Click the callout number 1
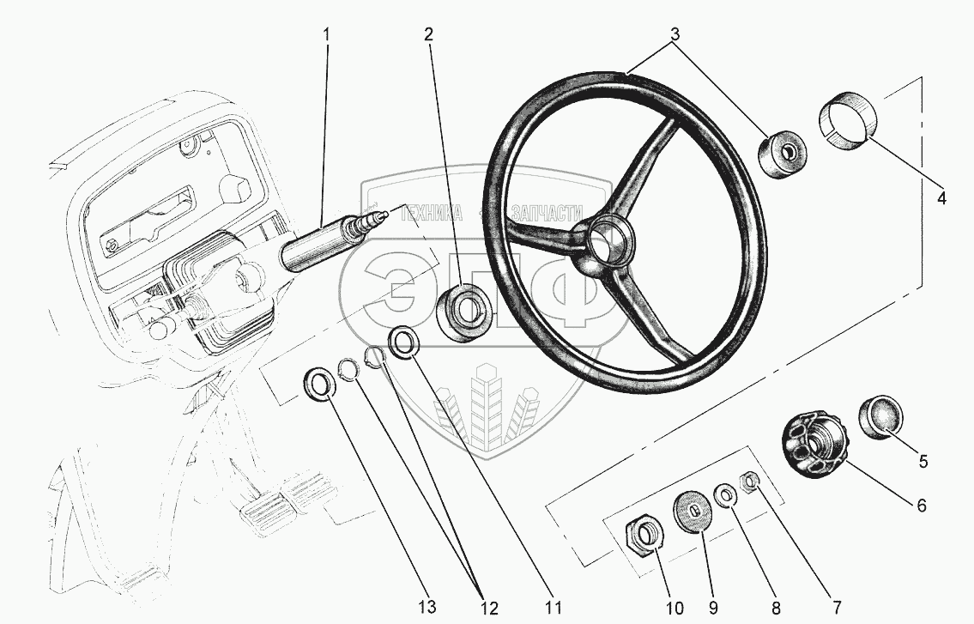pyautogui.click(x=326, y=35)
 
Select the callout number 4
pyautogui.click(x=941, y=197)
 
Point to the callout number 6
pyautogui.click(x=922, y=506)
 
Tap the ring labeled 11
pyautogui.click(x=402, y=341)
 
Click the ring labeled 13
pyautogui.click(x=319, y=383)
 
